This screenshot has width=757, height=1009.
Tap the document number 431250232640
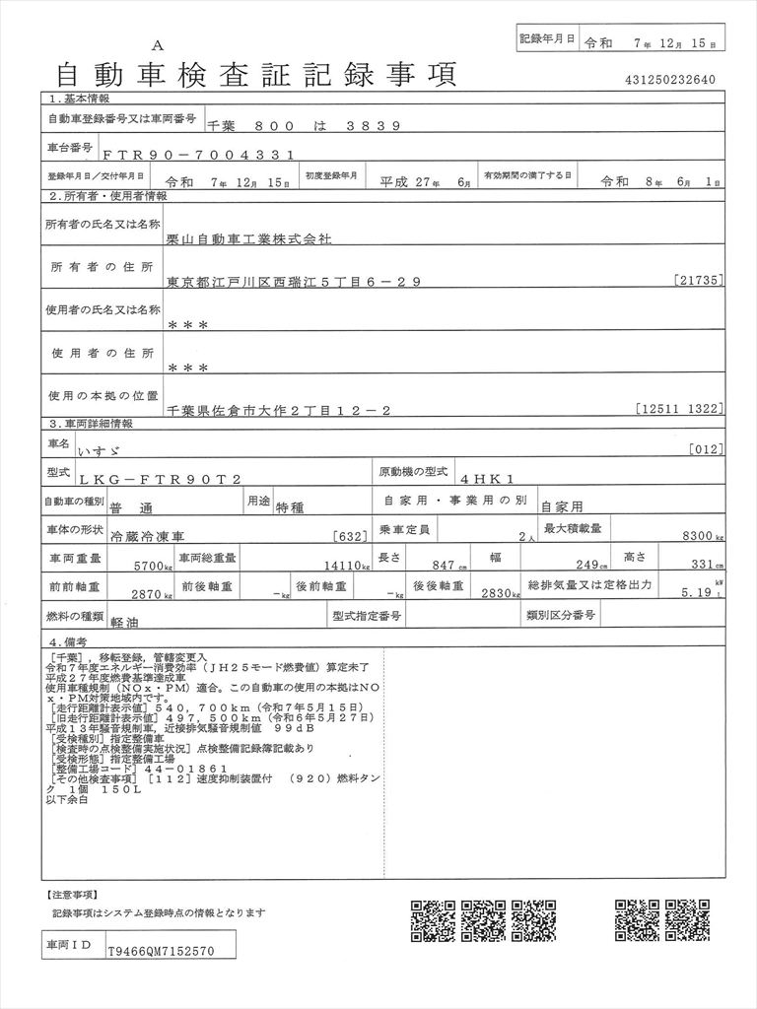(x=669, y=80)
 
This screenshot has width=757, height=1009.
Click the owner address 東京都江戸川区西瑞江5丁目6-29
(x=295, y=282)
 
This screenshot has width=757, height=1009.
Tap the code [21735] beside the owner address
(x=701, y=282)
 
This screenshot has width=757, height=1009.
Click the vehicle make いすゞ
(x=189, y=449)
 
